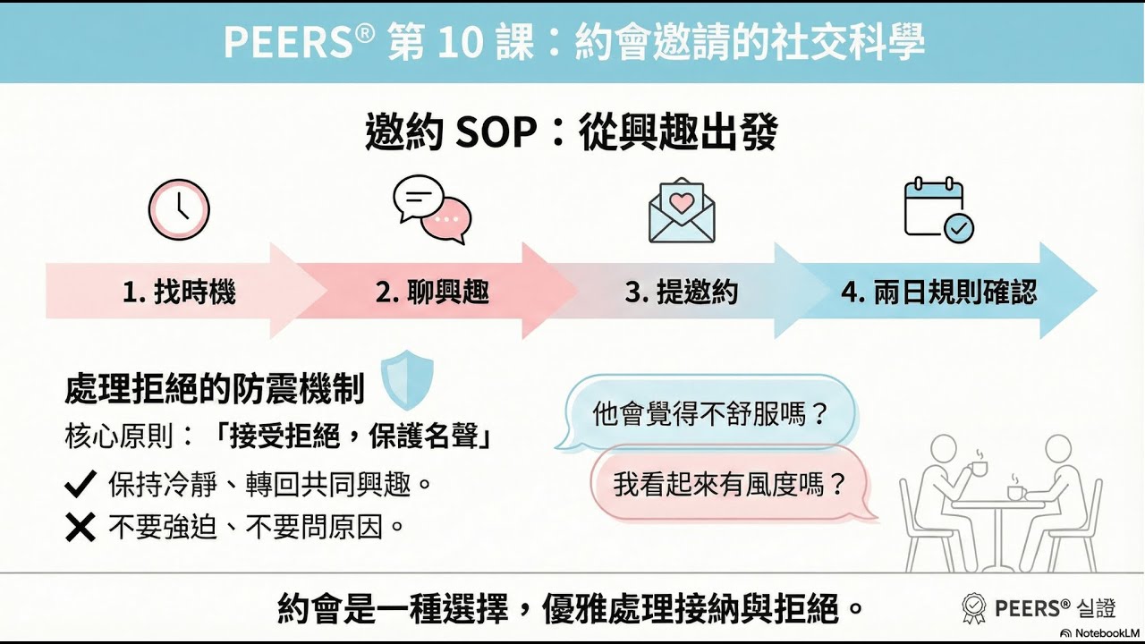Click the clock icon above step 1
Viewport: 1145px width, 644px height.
(x=179, y=210)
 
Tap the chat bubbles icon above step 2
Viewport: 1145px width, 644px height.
(x=432, y=210)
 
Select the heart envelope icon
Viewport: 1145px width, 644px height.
(x=682, y=211)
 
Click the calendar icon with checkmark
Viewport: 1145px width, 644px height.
(x=937, y=210)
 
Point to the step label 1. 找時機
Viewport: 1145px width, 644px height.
(x=179, y=292)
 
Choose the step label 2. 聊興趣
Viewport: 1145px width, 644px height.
(x=432, y=292)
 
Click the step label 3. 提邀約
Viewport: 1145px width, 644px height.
(x=682, y=292)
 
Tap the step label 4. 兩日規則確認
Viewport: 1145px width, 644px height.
(x=938, y=292)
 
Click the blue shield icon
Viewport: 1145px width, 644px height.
(x=407, y=379)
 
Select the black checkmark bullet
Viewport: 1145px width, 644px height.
(x=81, y=485)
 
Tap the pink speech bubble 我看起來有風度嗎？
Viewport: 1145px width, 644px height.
(x=730, y=485)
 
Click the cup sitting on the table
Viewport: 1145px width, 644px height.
(x=1016, y=492)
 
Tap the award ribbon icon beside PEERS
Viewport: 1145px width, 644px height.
(x=973, y=609)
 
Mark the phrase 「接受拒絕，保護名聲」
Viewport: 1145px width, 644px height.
(x=357, y=437)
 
